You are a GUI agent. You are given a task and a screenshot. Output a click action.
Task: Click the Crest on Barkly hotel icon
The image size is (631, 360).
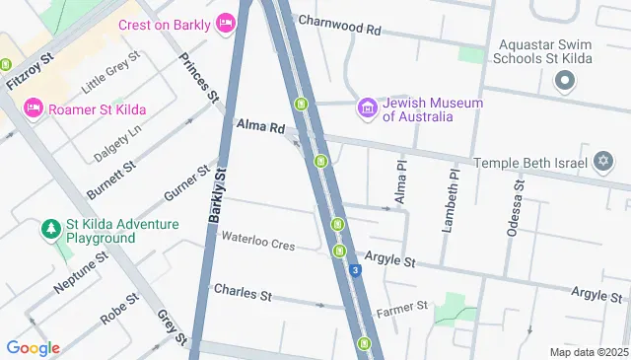[x=226, y=22]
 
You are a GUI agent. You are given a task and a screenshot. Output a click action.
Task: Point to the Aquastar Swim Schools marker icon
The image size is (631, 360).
[x=565, y=82]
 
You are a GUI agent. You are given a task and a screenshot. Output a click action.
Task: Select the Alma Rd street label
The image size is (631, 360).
[x=260, y=126]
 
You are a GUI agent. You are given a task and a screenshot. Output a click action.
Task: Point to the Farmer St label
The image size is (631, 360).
[x=401, y=308]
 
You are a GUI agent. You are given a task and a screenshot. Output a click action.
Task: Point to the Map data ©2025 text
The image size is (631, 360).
[x=588, y=352]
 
